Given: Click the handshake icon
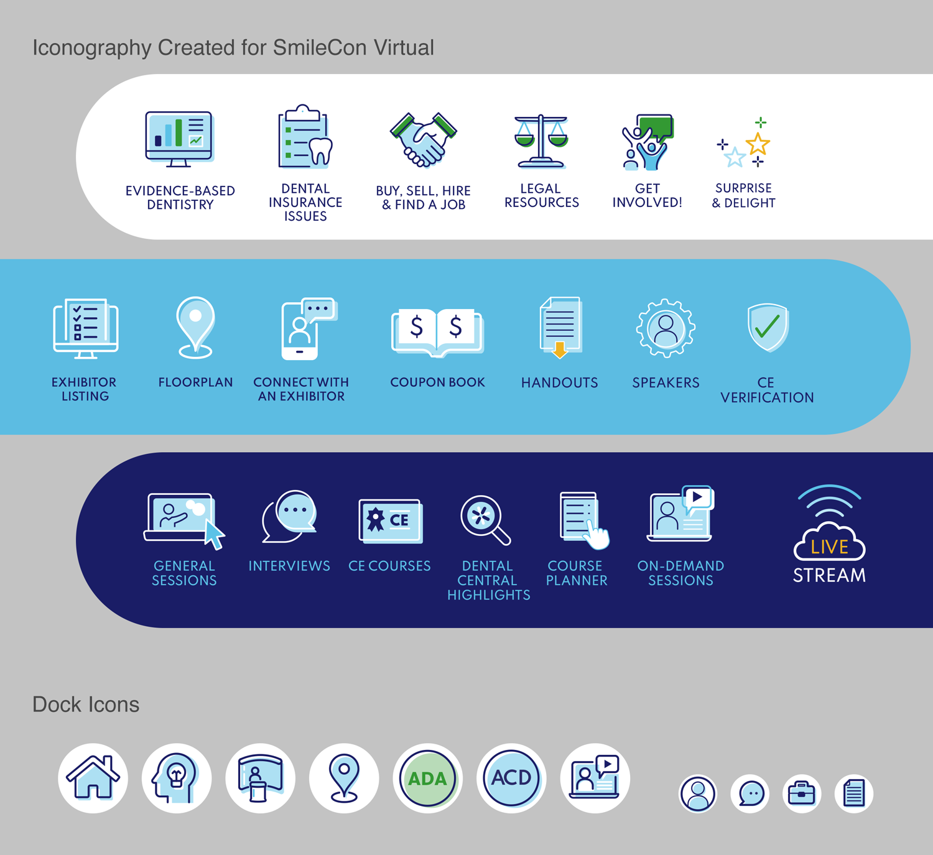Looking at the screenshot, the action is (423, 139).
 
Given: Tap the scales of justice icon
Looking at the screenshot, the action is (541, 141).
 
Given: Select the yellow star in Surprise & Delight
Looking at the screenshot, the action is (758, 144).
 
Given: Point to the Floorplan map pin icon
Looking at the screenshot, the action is (196, 328).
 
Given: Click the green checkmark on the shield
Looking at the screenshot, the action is (768, 326).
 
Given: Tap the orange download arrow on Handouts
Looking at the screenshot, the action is (560, 350).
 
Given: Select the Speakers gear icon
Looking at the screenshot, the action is (666, 328).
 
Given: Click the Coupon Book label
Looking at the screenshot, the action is (437, 382).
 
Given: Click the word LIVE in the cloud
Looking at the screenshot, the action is (829, 547).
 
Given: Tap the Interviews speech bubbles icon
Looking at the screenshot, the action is (289, 516).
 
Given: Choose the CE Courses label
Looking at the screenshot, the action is (389, 566).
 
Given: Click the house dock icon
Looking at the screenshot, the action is (93, 778).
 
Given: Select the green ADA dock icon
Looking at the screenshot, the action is (427, 778).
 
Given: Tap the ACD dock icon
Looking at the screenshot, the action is (511, 778).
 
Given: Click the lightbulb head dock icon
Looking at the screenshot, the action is (176, 778).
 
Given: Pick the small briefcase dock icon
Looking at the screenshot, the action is (801, 793).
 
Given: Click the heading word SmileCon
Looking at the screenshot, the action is (320, 47).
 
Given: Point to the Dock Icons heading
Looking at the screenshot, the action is (86, 705).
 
